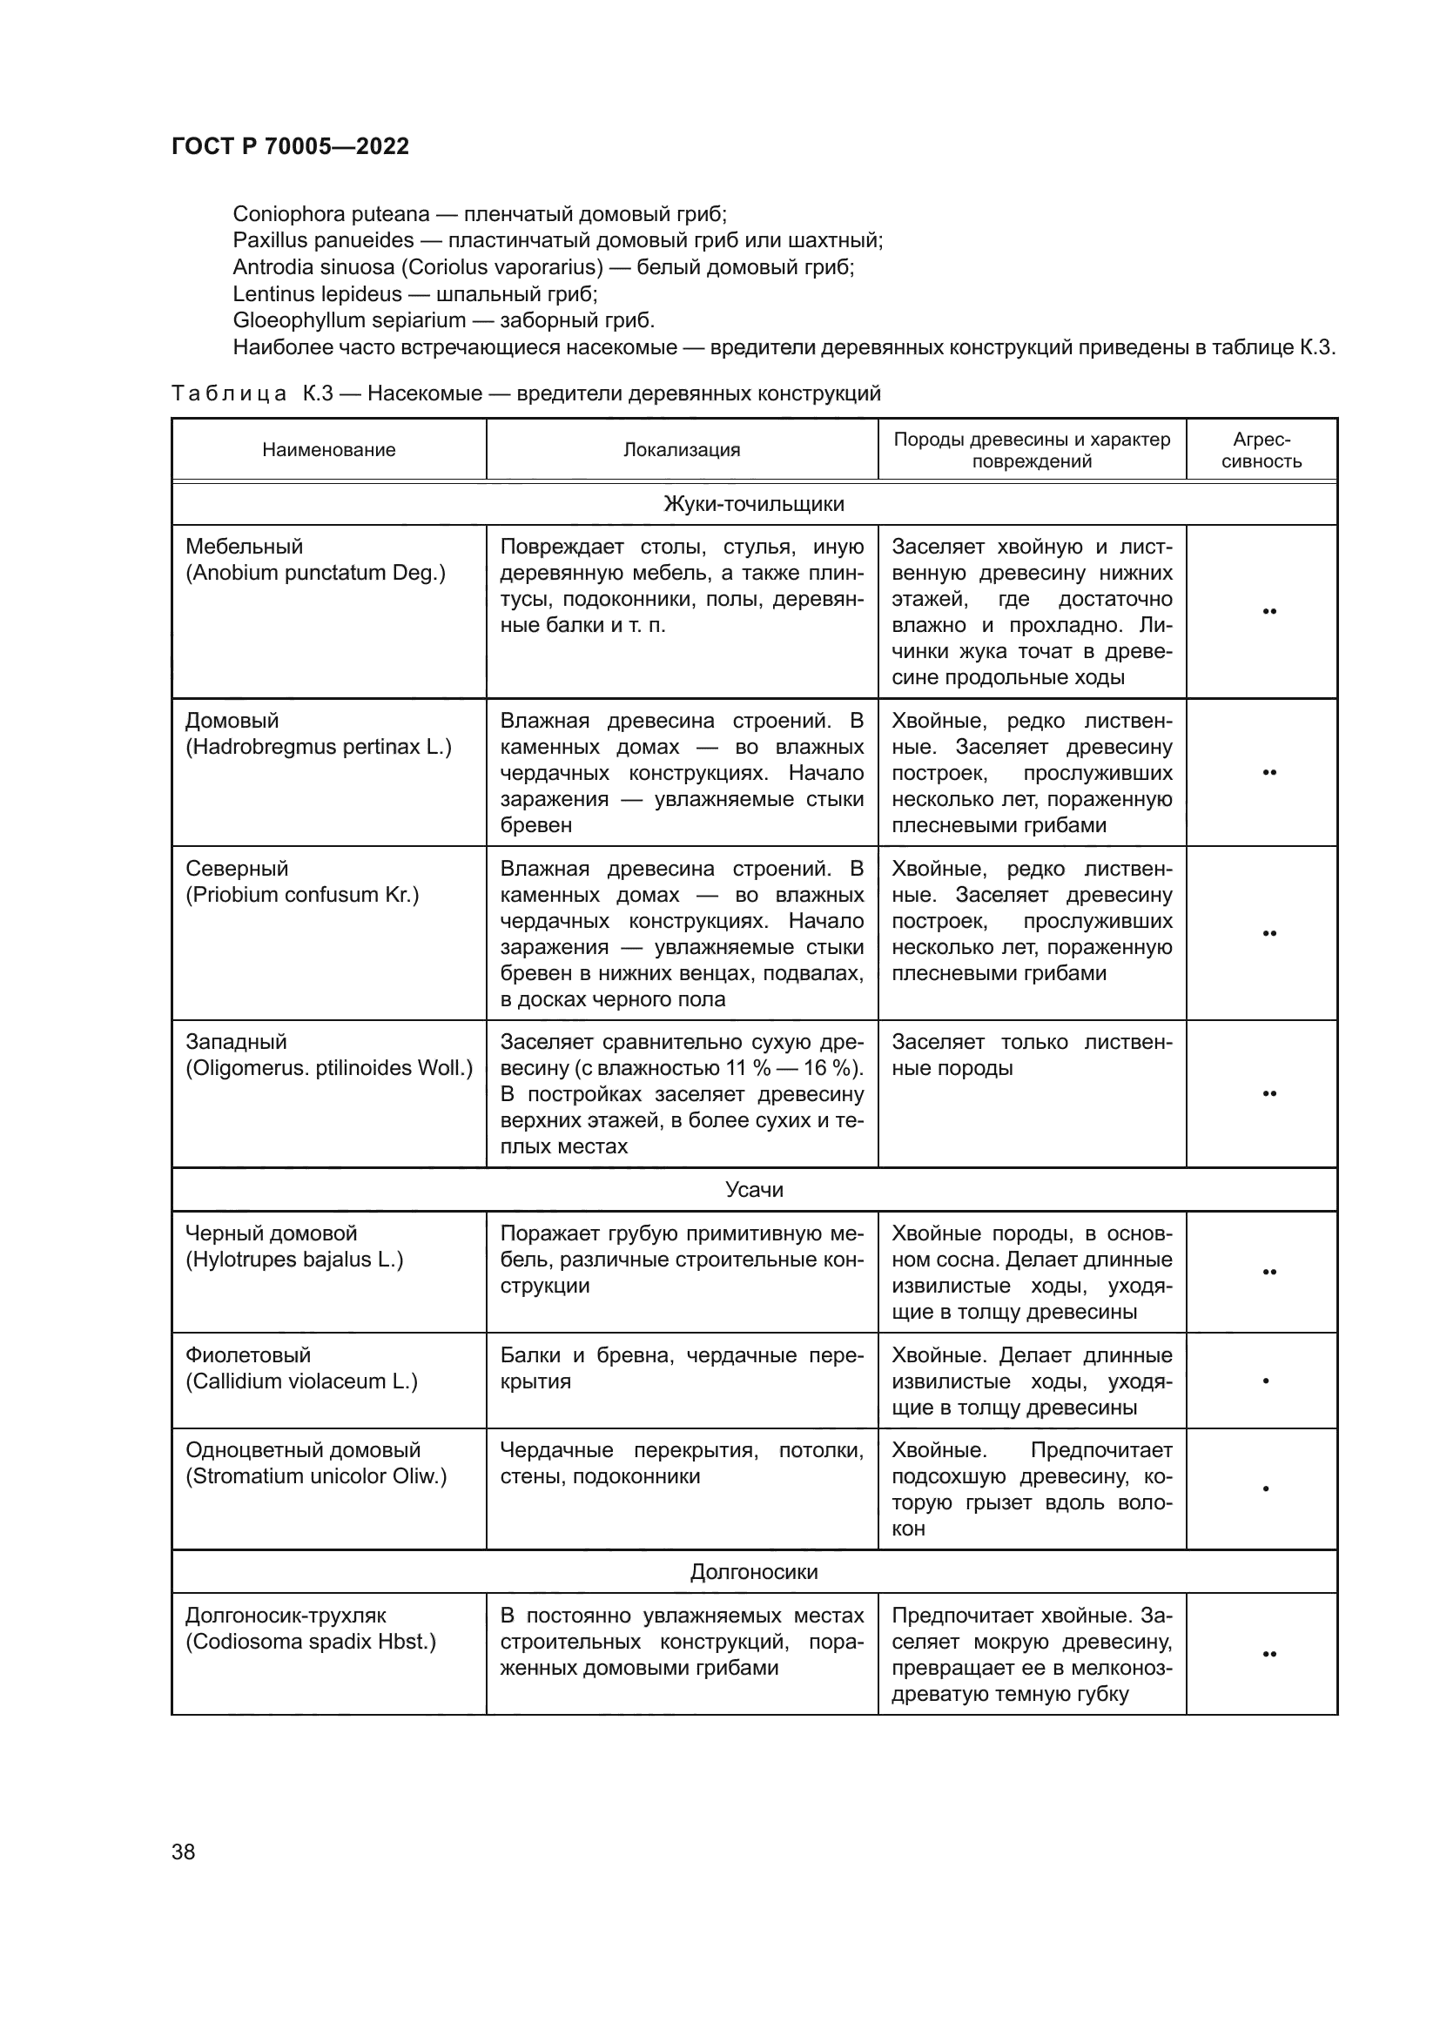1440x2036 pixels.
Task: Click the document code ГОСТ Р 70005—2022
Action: [290, 146]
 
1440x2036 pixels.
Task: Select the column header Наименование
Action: [328, 449]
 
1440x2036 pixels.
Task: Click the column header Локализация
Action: [681, 449]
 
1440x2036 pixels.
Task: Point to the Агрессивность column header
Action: [1261, 449]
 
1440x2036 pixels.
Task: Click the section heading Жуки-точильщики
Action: [754, 504]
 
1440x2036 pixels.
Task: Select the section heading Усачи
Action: [754, 1189]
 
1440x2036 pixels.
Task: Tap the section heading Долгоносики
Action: [754, 1571]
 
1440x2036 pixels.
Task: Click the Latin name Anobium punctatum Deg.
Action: [315, 573]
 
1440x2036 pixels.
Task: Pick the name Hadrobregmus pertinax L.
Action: [319, 747]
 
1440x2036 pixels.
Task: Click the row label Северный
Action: [237, 868]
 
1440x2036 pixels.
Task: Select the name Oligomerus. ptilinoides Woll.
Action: [329, 1068]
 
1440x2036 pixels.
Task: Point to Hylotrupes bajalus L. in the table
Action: [294, 1260]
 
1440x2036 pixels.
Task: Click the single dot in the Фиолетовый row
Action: [1265, 1381]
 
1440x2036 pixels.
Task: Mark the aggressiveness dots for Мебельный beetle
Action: [1268, 611]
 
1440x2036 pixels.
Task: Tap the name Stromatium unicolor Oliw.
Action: [316, 1475]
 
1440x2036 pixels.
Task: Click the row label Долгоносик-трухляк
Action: [286, 1615]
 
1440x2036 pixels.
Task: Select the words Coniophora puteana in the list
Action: [331, 214]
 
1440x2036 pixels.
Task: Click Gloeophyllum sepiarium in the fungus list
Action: [348, 320]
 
